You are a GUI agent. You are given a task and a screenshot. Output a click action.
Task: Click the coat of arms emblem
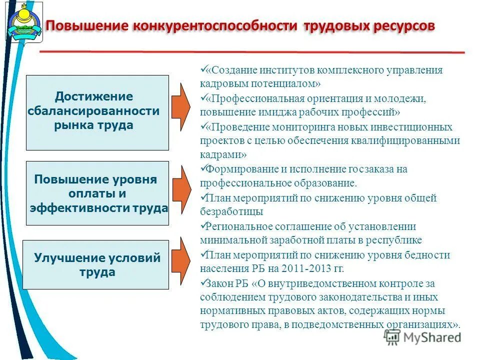pyautogui.click(x=23, y=21)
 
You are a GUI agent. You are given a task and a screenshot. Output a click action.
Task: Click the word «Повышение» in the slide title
pyautogui.click(x=85, y=25)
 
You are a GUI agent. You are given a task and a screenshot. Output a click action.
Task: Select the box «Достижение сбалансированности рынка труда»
pyautogui.click(x=97, y=112)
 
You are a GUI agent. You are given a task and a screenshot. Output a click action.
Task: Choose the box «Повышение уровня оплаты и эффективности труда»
pyautogui.click(x=97, y=193)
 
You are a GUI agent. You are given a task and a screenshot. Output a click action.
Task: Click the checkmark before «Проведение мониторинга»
pyautogui.click(x=203, y=126)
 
